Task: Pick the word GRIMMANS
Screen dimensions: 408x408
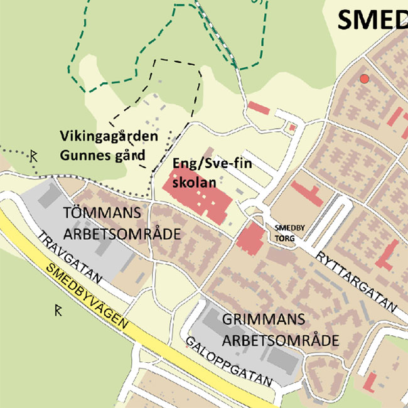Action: coord(264,319)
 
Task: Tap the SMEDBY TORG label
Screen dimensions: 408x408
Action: coord(289,233)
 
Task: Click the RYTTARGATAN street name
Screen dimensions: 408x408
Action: coord(357,282)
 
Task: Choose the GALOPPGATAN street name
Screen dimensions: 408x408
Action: coord(229,362)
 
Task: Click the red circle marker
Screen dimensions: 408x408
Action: coord(363,79)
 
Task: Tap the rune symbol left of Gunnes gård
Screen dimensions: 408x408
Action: coord(34,155)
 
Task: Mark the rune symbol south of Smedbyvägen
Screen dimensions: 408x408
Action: coord(58,309)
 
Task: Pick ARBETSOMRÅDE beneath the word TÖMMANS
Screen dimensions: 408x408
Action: coord(122,234)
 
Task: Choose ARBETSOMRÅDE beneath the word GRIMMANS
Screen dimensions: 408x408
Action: coord(281,341)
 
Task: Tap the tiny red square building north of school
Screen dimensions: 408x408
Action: coord(292,128)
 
